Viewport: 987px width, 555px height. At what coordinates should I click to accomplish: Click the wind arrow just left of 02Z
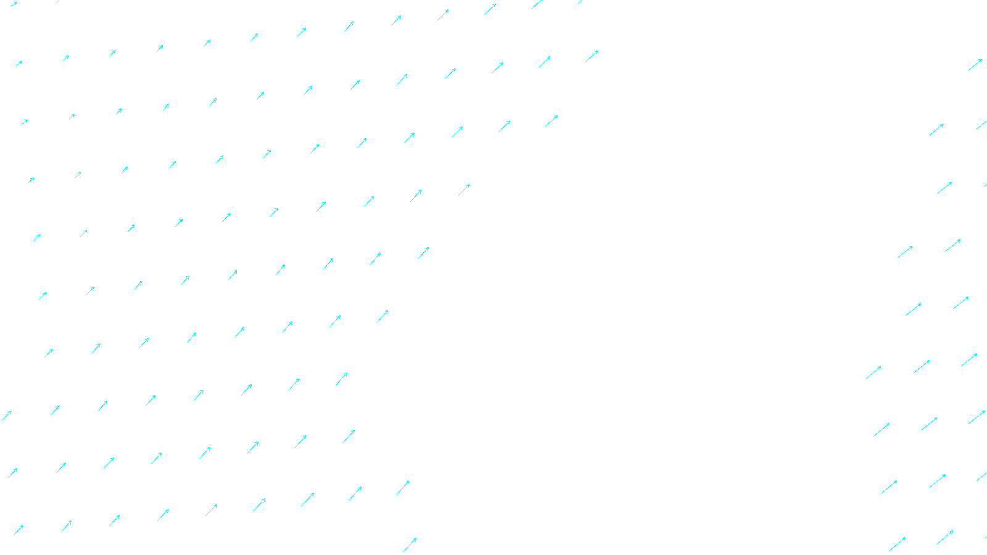point(410,545)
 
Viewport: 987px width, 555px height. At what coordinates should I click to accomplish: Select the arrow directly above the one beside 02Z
point(403,488)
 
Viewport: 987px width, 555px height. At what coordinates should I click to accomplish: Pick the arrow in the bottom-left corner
point(19,530)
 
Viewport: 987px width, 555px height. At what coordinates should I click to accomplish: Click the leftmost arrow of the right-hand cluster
point(873,372)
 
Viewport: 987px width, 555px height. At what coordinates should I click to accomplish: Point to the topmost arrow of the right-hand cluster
point(975,65)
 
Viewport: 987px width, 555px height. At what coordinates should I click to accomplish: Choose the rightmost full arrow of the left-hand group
point(592,56)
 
